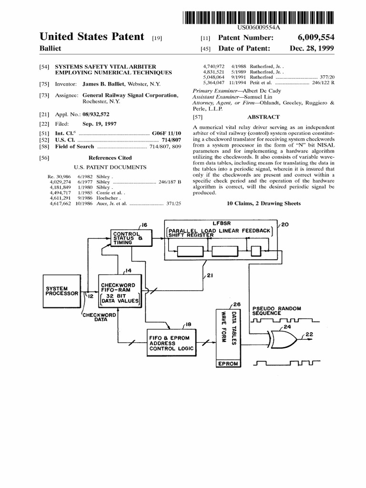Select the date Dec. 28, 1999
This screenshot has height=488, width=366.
[312, 49]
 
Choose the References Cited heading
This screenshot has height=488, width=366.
[110, 158]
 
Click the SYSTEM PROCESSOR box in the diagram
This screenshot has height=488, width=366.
[61, 291]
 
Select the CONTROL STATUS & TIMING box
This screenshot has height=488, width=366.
[130, 238]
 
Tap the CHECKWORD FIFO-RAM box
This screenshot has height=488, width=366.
[120, 291]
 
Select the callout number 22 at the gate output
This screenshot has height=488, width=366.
[309, 335]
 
